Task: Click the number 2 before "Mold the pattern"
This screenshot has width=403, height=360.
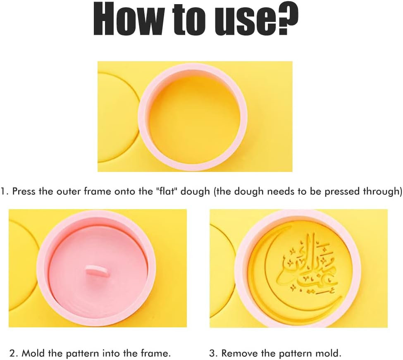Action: point(12,353)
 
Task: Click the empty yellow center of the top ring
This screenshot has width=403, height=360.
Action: point(193,117)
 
